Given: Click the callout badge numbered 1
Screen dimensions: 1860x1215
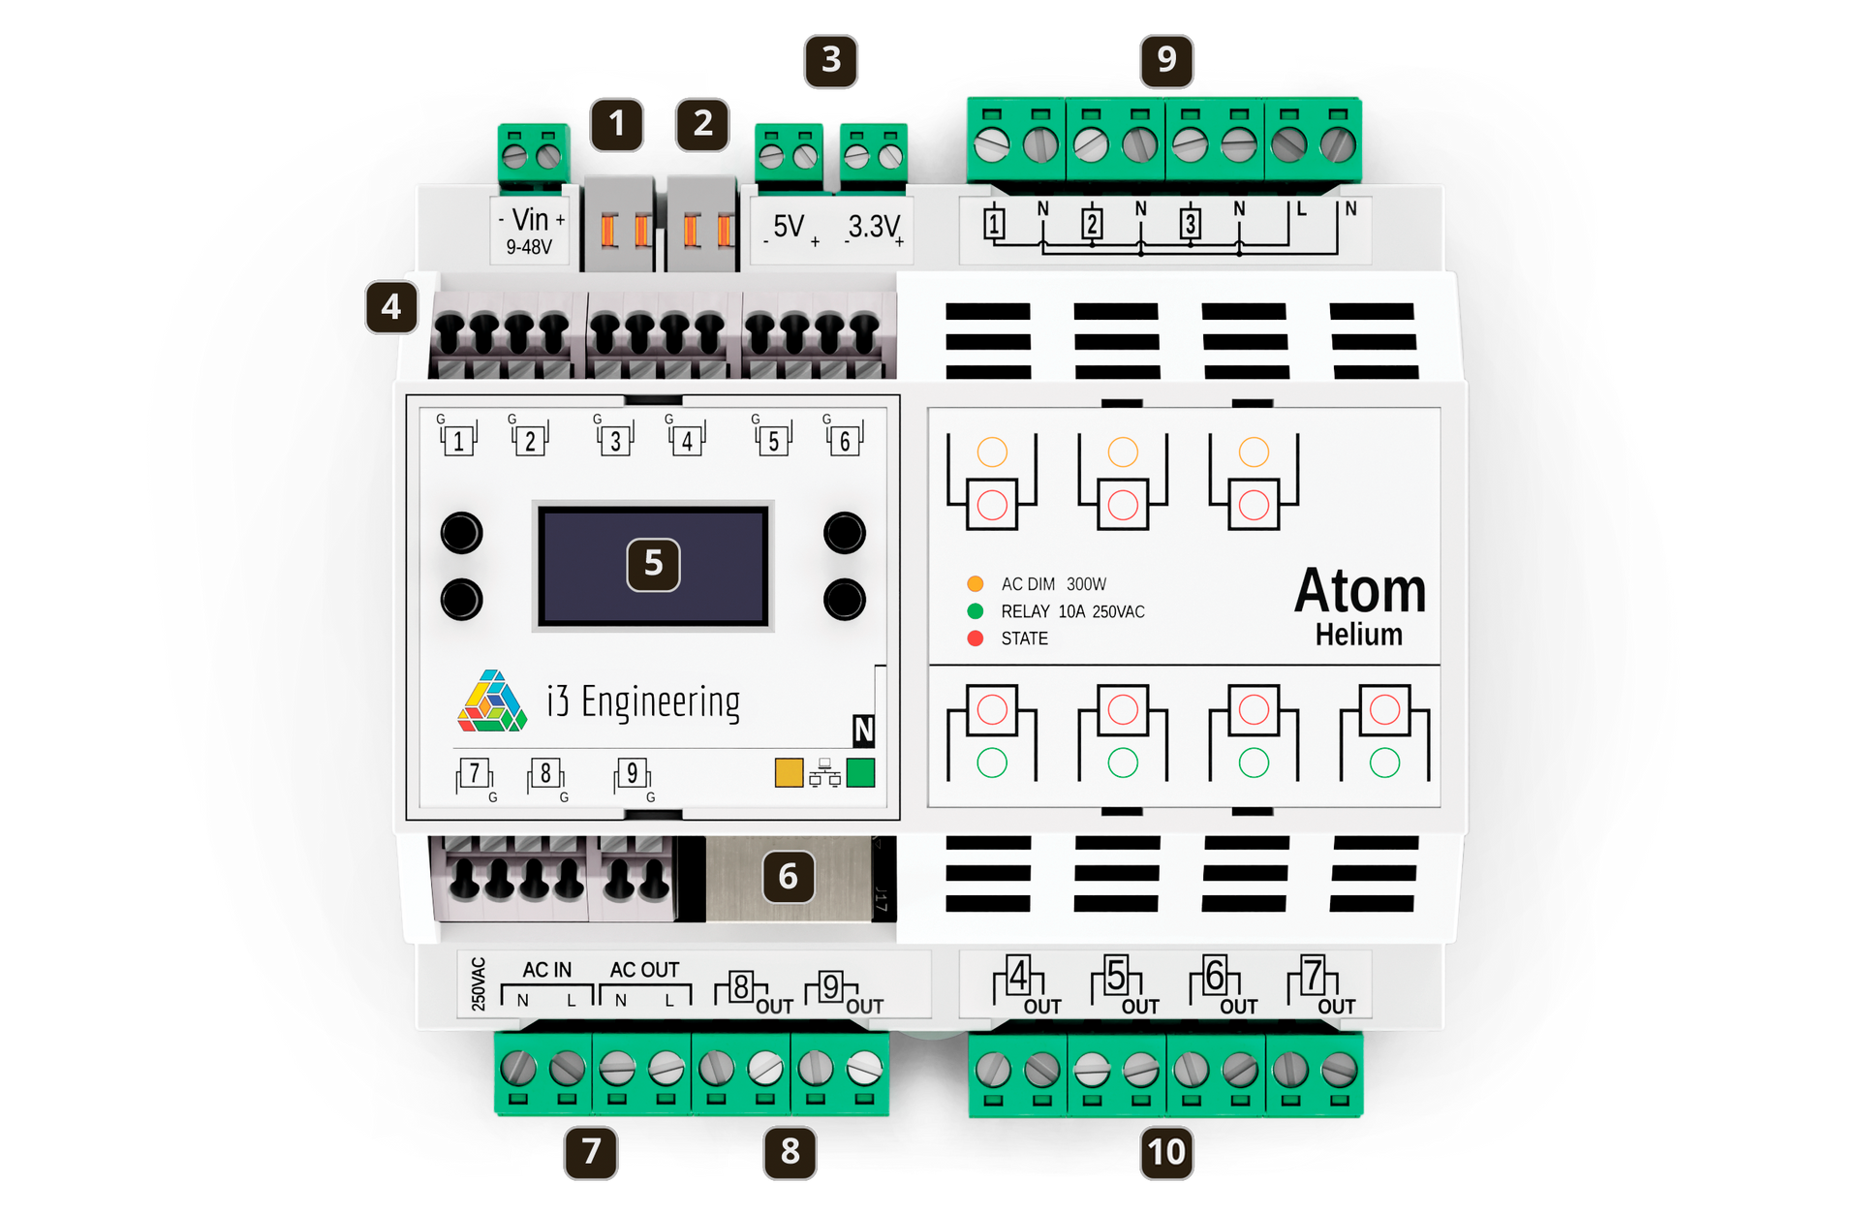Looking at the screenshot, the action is (x=617, y=124).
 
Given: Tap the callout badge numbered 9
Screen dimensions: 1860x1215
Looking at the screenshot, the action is (x=1166, y=60).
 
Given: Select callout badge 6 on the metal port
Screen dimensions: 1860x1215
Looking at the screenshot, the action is (x=789, y=877).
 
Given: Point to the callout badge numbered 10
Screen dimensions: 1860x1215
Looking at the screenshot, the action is (x=1166, y=1152).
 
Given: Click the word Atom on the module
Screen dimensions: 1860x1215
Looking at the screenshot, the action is (x=1360, y=591).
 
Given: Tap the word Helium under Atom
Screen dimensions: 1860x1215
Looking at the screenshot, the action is (x=1359, y=635).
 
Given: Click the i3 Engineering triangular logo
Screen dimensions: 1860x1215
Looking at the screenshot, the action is (x=492, y=700).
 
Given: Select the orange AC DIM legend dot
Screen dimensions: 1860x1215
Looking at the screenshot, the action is (x=975, y=584).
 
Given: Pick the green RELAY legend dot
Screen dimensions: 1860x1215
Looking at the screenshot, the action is (x=975, y=611).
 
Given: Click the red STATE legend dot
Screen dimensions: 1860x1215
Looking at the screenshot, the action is (x=975, y=639).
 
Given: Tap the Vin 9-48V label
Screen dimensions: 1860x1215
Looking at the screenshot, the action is (x=530, y=231).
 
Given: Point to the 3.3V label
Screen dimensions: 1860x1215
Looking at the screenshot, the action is (x=874, y=229).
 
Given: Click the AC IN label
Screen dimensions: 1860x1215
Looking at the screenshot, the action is (x=547, y=970).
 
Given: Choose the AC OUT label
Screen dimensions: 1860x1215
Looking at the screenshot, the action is (x=644, y=970).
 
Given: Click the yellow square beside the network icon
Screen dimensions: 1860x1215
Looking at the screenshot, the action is (x=789, y=772).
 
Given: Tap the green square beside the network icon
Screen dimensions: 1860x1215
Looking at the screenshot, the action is (x=860, y=772).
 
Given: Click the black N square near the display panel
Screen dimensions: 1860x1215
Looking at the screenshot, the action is (x=863, y=731).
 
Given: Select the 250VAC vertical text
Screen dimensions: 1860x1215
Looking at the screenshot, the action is (x=479, y=984).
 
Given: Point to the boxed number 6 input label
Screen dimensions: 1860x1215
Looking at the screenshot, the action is (x=845, y=441).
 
